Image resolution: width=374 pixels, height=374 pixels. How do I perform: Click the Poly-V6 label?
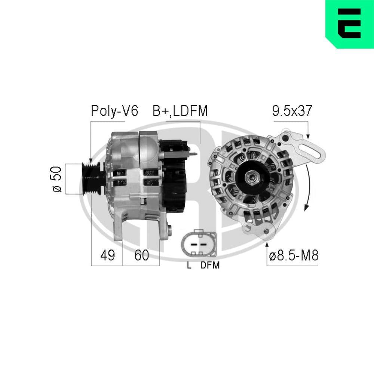pos(114,111)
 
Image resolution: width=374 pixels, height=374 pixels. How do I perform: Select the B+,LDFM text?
pos(180,111)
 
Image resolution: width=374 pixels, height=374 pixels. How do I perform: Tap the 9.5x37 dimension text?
pos(292,111)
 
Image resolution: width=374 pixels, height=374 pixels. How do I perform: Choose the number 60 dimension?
pos(141,255)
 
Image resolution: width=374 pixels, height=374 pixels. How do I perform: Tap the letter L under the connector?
pos(189,266)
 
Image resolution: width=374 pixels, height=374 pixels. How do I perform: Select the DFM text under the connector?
pos(210,266)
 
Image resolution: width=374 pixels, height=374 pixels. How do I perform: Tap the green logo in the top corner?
pos(350,24)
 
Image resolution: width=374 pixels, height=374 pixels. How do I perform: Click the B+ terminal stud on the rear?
pos(194,154)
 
